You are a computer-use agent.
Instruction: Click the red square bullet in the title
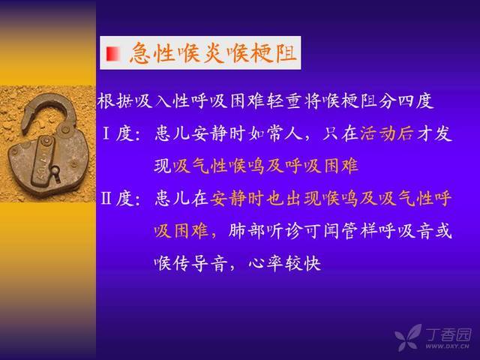point(113,54)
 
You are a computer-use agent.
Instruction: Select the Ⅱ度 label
point(117,198)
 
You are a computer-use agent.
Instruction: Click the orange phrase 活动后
point(387,133)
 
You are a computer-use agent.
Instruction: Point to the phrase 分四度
point(406,100)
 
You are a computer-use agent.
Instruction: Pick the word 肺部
point(247,231)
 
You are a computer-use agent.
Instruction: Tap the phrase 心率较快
point(285,263)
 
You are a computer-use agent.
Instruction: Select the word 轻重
point(284,100)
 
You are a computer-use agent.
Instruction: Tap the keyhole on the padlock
point(55,172)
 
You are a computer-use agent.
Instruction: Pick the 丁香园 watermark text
point(449,334)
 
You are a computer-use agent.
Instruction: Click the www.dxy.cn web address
point(447,346)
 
